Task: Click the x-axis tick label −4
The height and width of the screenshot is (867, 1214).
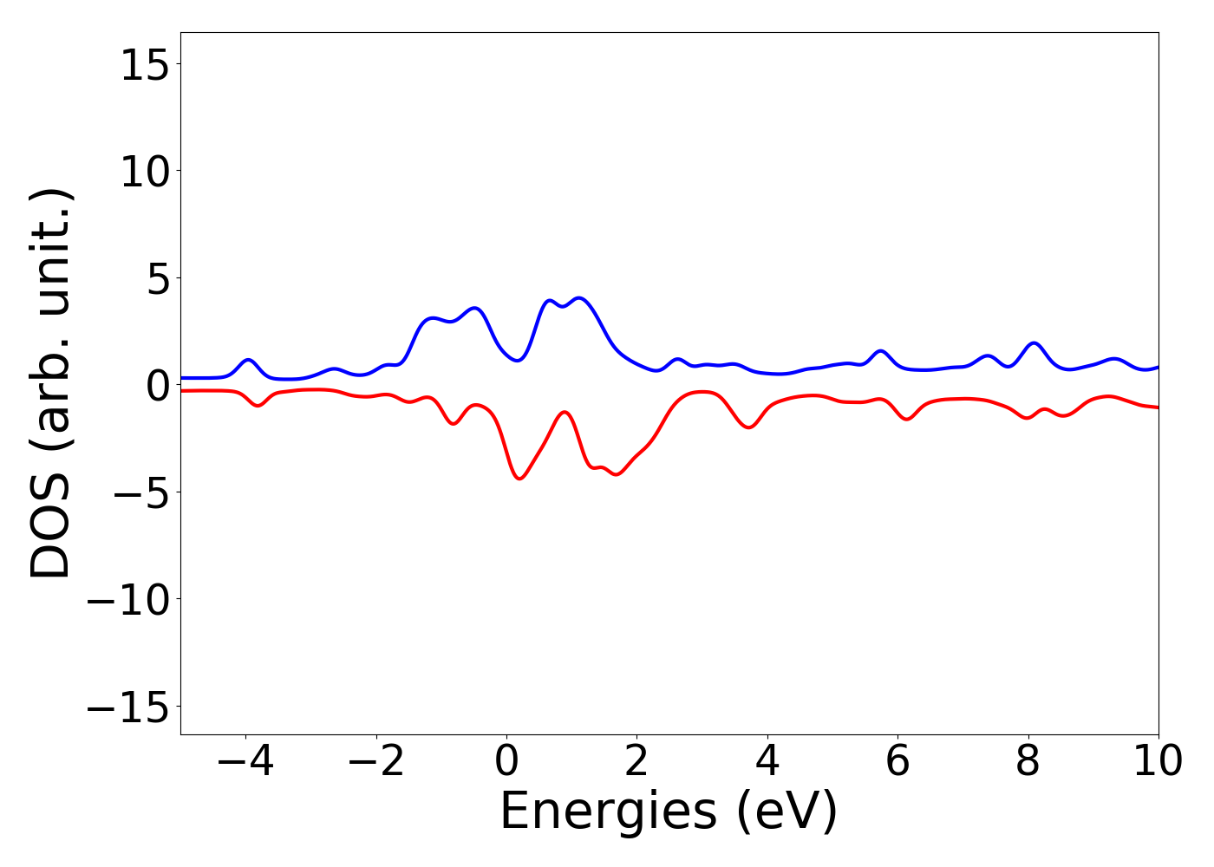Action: coord(245,761)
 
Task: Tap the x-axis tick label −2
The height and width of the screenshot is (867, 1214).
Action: coord(376,761)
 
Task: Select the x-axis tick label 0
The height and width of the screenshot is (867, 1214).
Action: coord(506,761)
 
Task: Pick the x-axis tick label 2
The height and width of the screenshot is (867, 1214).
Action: coord(636,761)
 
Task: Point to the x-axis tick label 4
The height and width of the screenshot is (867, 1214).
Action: coord(767,761)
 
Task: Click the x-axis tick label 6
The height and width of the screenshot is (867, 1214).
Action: coord(897,761)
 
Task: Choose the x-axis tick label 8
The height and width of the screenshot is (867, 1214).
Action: coord(1028,761)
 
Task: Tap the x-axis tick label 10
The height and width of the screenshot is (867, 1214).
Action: coord(1158,761)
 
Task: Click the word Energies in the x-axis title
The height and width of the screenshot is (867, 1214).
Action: coord(608,812)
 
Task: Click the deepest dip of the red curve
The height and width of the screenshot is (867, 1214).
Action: coord(519,478)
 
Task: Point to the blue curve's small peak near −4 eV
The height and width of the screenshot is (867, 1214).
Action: coord(249,359)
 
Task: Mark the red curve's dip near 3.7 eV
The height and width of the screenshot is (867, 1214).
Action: coord(748,427)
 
